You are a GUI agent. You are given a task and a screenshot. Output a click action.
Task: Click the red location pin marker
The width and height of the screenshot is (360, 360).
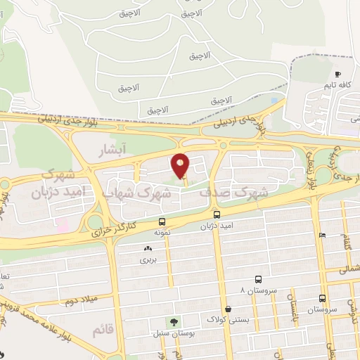pyautogui.click(x=181, y=165)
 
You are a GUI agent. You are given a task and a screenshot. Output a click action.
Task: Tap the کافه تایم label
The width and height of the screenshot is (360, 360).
pyautogui.click(x=338, y=85)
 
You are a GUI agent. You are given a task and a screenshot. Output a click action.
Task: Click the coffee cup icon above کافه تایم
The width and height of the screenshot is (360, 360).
pyautogui.click(x=338, y=74)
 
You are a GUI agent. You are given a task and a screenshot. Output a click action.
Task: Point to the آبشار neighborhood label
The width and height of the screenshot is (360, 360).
pyautogui.click(x=113, y=150)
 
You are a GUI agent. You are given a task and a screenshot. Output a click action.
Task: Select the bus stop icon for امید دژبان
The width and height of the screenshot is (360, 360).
pyautogui.click(x=217, y=214)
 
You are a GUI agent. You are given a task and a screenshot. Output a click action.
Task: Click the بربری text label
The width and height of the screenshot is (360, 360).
pyautogui.click(x=148, y=259)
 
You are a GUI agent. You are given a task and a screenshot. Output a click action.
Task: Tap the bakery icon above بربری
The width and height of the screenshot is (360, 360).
pyautogui.click(x=148, y=249)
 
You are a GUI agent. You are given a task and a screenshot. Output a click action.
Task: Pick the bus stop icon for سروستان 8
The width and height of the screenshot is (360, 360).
pyautogui.click(x=259, y=279)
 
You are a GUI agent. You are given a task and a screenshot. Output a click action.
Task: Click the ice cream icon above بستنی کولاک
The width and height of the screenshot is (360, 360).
pyautogui.click(x=228, y=308)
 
